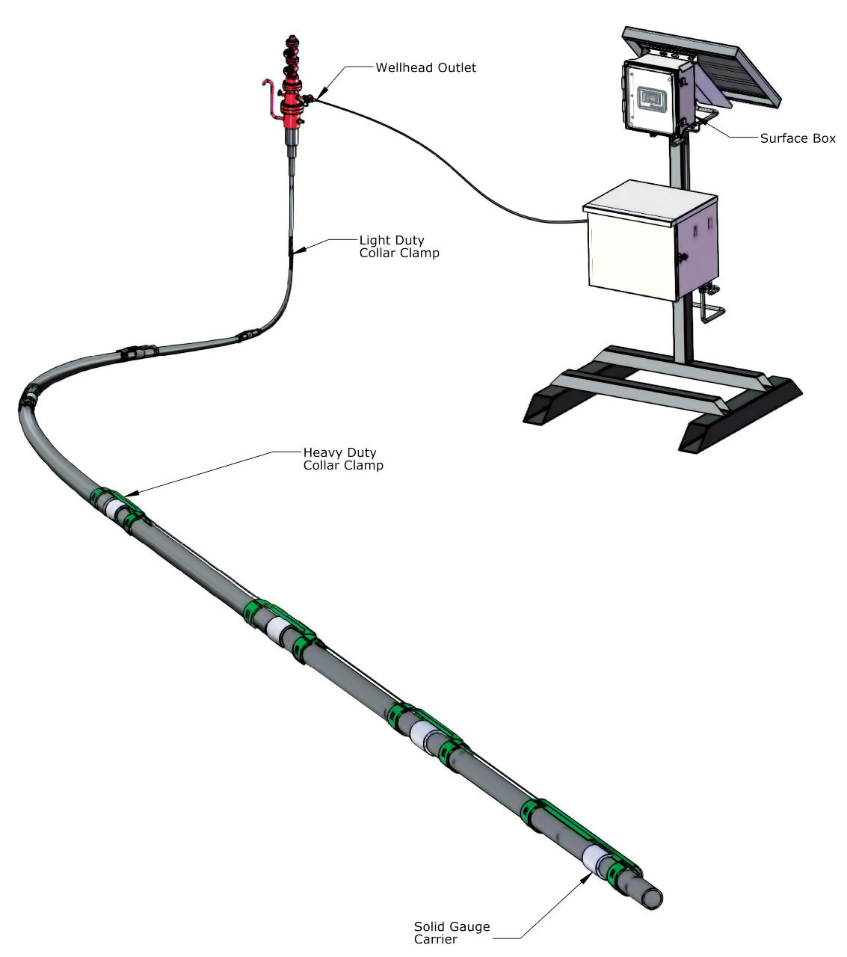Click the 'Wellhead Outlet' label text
(425, 68)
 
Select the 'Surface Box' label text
(797, 138)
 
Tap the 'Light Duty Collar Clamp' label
(398, 247)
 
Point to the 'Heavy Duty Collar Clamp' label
(342, 459)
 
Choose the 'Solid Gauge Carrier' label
(452, 932)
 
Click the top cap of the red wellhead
(291, 39)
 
